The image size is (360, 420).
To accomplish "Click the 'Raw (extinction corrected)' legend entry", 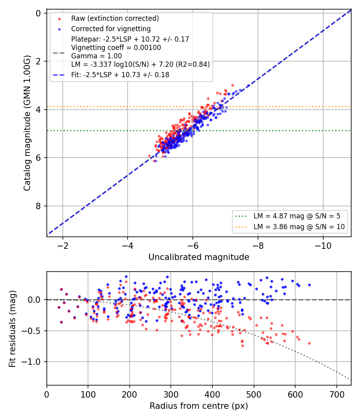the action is pos(115,18).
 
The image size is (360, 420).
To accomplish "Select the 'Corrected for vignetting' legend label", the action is pos(111,29).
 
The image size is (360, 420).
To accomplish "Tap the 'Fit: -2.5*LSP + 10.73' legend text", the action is pos(120,75).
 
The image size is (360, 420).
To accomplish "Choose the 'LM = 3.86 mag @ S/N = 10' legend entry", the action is pos(299,227).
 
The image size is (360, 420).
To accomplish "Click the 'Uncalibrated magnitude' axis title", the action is pos(199,257).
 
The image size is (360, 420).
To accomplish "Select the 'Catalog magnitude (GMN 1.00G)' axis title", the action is pos(27,123).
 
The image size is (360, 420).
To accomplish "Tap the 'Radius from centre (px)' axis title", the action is pos(199,406).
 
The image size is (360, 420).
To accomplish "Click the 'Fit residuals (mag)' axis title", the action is pos(12,329).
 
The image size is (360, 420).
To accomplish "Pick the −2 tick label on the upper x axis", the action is pos(63,246).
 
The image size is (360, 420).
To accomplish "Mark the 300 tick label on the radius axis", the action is pos(171,394).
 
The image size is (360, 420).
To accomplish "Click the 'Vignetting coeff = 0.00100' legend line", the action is pos(116,48).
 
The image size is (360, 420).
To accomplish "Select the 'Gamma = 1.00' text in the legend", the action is pos(96,56).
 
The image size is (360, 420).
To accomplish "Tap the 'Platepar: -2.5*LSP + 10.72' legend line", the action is pos(130,39).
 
